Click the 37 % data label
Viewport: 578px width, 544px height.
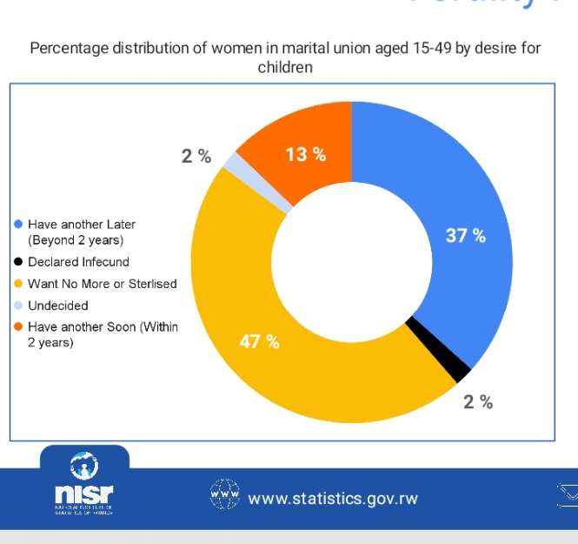(465, 236)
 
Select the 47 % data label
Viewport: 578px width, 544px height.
(259, 341)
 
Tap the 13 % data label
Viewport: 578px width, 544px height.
(306, 155)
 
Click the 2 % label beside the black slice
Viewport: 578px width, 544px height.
(478, 401)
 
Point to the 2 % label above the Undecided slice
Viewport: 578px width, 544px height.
(196, 157)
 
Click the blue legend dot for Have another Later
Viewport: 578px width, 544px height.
(17, 224)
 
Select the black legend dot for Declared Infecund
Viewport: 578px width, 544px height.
(17, 262)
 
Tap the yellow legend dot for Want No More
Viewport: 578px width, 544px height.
(17, 284)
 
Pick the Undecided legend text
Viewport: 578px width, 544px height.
(57, 306)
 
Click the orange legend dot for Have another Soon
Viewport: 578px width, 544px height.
(17, 327)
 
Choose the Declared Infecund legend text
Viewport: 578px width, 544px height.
(78, 262)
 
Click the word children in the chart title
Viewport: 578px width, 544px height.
(285, 66)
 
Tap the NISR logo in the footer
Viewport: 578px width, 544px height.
(83, 487)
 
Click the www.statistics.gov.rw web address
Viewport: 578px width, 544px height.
(333, 499)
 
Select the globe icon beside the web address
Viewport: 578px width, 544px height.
(224, 494)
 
